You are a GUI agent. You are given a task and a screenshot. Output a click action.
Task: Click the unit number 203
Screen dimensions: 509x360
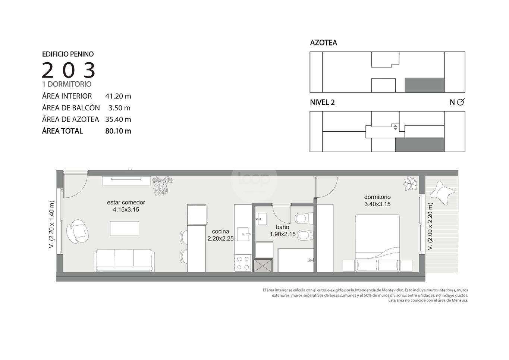coord(68,70)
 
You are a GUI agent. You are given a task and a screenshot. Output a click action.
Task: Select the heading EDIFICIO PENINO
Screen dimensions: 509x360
coord(68,54)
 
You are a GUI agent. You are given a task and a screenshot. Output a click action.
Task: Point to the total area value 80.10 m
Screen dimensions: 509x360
coord(118,131)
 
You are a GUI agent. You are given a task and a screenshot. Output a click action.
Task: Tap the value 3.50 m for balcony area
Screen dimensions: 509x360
coord(120,108)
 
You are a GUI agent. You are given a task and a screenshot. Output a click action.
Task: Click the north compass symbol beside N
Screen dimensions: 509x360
coord(461,102)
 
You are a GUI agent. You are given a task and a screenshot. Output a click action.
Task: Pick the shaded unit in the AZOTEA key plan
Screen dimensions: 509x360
coord(424,85)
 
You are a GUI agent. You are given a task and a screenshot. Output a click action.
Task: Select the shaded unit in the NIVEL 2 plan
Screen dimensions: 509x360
coord(420,145)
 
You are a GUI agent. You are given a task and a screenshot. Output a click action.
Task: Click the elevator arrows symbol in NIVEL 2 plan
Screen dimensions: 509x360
coord(395,127)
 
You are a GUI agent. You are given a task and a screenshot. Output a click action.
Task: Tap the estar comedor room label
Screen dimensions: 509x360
coord(126,202)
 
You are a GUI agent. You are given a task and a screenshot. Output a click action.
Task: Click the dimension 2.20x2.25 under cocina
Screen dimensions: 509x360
coord(220,238)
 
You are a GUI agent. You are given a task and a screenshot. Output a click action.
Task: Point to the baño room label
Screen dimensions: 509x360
coord(283,227)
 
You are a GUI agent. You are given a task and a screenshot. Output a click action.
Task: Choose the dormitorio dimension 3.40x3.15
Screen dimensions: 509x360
coord(377,204)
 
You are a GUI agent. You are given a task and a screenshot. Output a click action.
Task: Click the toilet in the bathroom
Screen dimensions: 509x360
coord(304,218)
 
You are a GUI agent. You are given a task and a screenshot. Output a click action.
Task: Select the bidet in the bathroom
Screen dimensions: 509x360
coord(305,235)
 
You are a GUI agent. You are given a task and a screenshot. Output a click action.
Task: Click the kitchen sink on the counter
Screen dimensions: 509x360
coord(243,234)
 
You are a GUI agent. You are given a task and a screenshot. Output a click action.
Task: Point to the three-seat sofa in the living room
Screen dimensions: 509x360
coord(124,260)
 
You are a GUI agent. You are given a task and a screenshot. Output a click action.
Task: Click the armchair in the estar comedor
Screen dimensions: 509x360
coord(78,231)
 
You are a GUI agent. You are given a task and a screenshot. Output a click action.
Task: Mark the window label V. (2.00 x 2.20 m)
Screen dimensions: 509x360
coord(430,226)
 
